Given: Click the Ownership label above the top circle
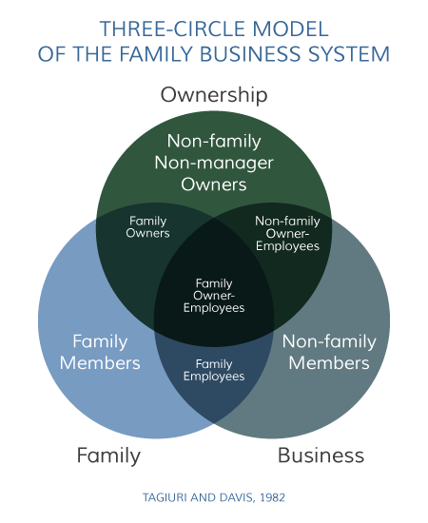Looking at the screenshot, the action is (214, 94).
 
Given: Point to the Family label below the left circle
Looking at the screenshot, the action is (108, 455).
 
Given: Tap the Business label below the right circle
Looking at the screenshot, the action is (321, 455).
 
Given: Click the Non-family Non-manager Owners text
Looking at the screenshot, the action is (214, 163).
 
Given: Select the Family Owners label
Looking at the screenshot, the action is (147, 227).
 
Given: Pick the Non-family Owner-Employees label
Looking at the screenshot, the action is (287, 233).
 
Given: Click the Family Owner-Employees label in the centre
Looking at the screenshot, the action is (214, 296).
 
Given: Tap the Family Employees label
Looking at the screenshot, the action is (214, 370).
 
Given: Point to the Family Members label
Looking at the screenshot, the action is (100, 352).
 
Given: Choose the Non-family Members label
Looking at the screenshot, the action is (329, 352).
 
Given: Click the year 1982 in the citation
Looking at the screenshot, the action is (273, 497).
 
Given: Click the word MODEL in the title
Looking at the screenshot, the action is (290, 29).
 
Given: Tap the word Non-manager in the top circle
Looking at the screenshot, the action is (214, 164).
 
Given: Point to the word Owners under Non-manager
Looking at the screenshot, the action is (214, 184).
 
